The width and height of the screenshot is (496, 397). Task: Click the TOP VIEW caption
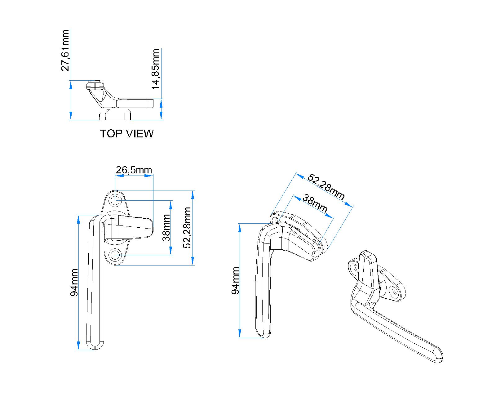click(x=126, y=134)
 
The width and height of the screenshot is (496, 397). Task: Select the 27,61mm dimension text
click(x=65, y=51)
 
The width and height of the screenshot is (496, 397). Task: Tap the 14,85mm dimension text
click(x=156, y=69)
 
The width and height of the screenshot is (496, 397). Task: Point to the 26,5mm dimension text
click(x=134, y=170)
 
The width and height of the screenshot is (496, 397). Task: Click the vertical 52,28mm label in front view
click(x=187, y=228)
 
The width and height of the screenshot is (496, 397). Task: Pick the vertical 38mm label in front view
click(x=166, y=228)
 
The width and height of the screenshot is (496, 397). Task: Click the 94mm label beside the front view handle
click(x=74, y=283)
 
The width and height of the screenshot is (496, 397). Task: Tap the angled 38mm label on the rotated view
click(x=315, y=203)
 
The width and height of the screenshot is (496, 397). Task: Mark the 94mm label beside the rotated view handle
click(x=235, y=280)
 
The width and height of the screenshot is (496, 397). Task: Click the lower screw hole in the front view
click(x=115, y=255)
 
